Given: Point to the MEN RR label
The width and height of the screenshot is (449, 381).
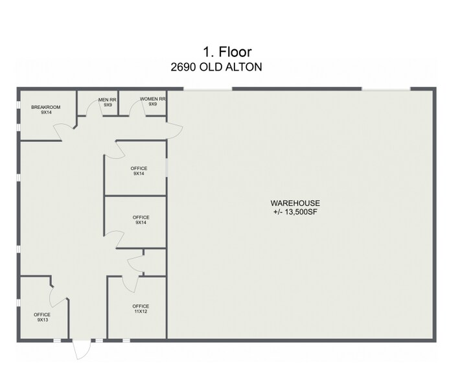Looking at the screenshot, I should (108, 100).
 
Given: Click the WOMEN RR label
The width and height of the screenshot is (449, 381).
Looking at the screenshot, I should (154, 100).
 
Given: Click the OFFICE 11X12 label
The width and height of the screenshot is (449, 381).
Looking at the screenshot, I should (141, 306).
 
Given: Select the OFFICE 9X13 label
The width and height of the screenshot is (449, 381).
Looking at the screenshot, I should (43, 315).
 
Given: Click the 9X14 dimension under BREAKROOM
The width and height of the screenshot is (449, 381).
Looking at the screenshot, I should (41, 112).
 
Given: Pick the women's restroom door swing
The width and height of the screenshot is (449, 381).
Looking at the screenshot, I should (137, 111).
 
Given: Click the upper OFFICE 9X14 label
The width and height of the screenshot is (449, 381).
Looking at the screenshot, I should (139, 168).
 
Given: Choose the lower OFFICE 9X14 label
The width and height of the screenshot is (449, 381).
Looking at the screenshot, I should (141, 217).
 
